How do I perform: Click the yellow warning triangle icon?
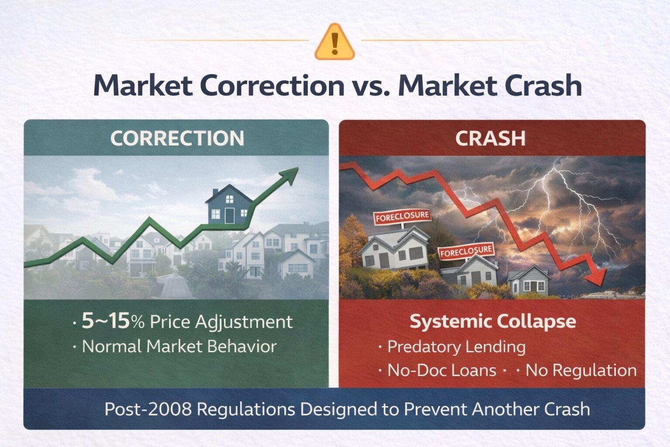point(335,41)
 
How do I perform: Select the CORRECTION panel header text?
point(178,138)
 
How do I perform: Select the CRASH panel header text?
point(491,138)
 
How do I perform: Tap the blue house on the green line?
point(229,204)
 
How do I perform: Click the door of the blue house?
point(229,215)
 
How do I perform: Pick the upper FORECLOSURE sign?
point(402,217)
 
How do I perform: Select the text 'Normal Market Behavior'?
point(179,347)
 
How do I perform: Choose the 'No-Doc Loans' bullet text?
point(442,370)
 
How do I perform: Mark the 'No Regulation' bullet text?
point(581,370)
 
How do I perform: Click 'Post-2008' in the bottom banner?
point(148,409)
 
